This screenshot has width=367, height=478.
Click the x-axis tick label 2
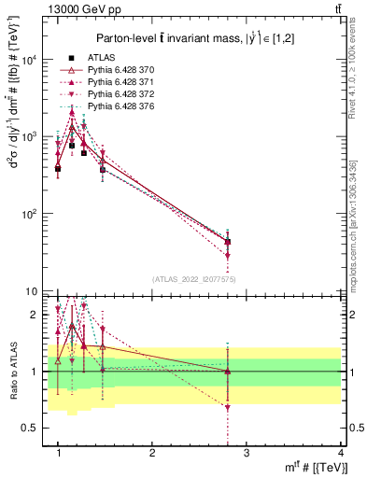[x=152, y=452]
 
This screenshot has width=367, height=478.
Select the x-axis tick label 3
[x=247, y=452]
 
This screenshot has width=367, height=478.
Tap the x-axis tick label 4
[x=340, y=452]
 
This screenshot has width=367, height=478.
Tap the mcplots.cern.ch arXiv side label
[x=359, y=215]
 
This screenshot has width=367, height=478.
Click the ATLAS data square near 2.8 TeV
[x=228, y=242]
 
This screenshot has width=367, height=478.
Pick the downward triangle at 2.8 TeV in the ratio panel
[x=228, y=407]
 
